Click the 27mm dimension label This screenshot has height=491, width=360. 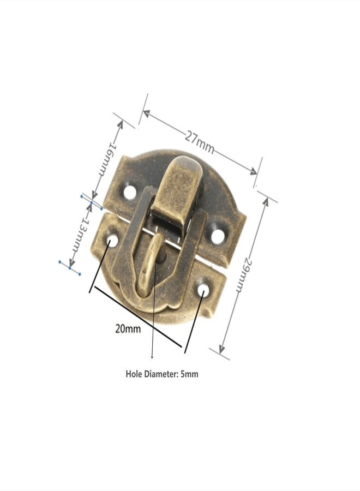(x=199, y=142)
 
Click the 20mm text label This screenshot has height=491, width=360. (x=128, y=329)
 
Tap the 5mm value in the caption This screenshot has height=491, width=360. (x=189, y=374)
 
